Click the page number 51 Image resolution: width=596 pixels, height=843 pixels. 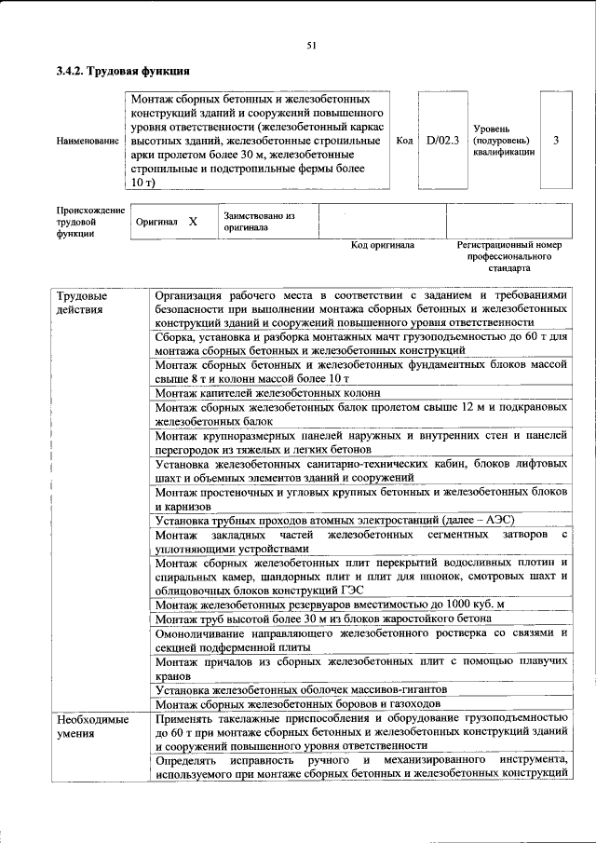[311, 44]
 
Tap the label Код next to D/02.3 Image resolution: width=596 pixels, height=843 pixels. [404, 140]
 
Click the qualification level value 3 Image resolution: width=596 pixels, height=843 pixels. [556, 140]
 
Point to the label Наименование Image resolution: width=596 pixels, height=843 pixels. [88, 141]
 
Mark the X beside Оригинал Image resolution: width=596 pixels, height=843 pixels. [193, 222]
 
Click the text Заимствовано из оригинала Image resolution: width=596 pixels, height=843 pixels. [259, 221]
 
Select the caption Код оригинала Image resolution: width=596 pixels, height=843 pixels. [382, 245]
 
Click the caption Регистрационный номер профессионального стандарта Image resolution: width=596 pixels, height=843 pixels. [510, 255]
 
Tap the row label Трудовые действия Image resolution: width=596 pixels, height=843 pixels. [80, 303]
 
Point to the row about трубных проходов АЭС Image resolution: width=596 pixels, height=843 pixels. [334, 520]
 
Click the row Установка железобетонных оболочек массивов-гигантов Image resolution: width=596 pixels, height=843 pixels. [302, 689]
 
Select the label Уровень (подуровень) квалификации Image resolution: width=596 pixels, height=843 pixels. [504, 140]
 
